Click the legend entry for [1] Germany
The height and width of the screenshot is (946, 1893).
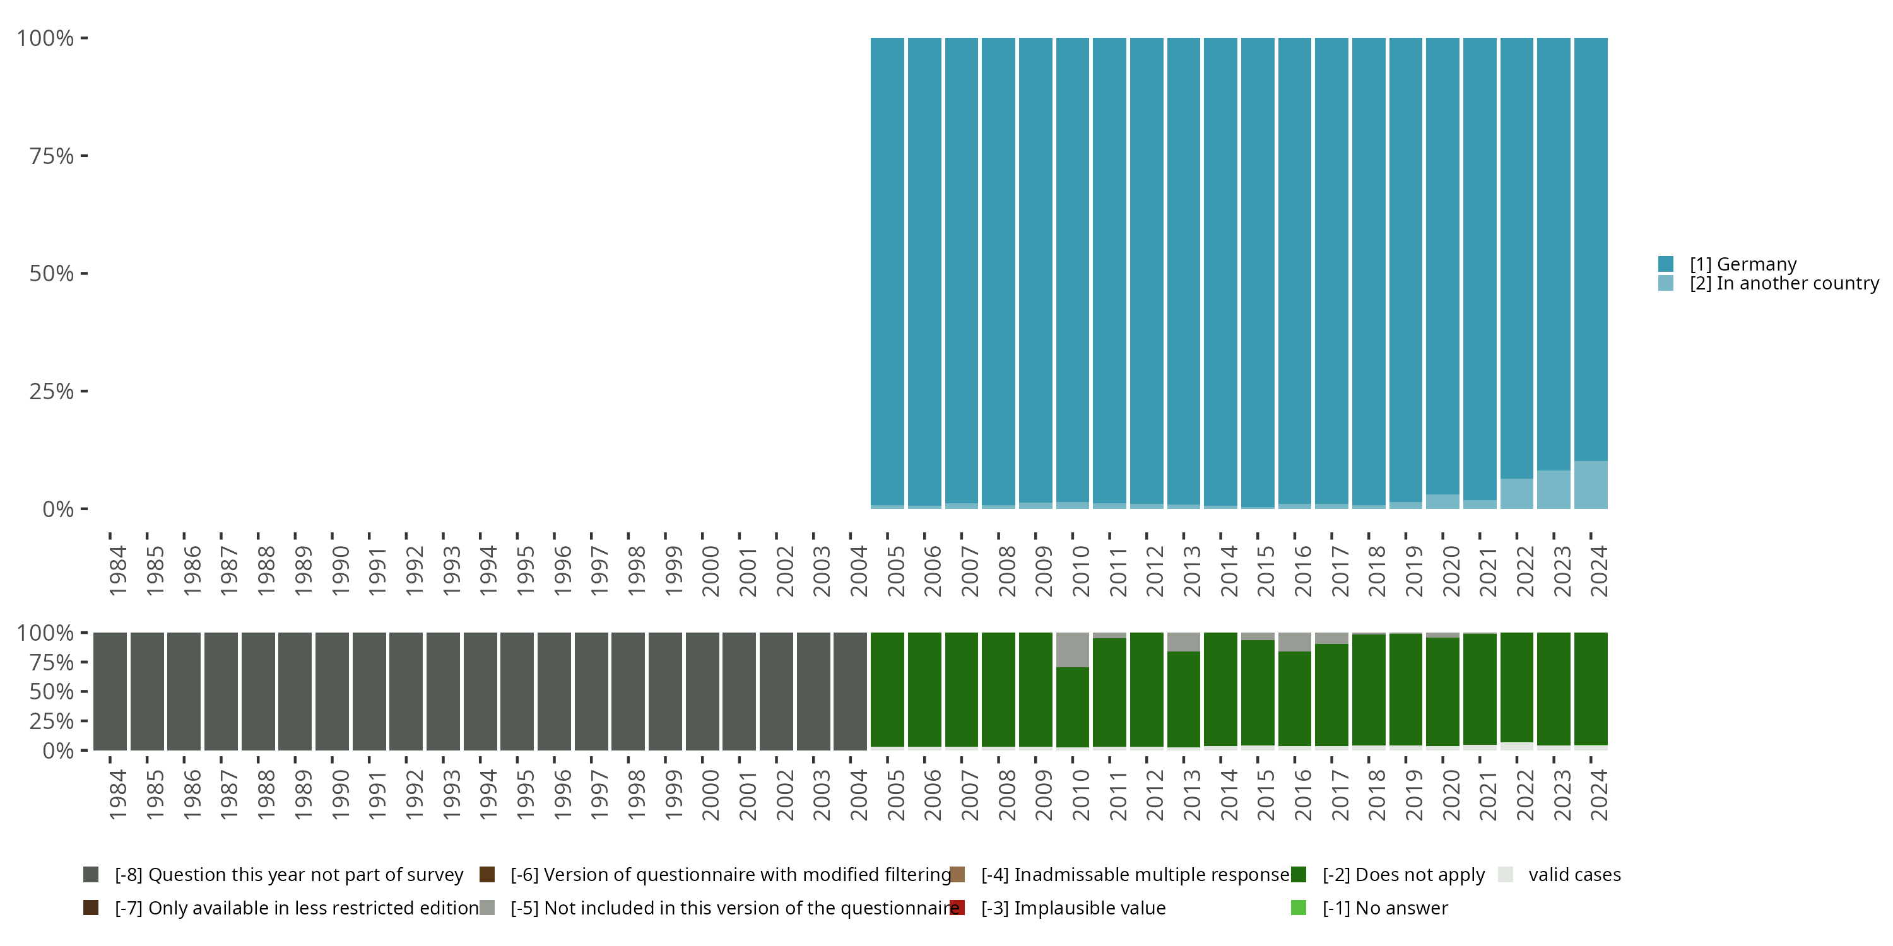tap(1742, 264)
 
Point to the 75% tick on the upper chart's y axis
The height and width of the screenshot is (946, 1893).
tap(52, 156)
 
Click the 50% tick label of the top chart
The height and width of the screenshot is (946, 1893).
tap(52, 274)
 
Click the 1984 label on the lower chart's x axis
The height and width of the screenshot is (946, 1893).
tap(117, 795)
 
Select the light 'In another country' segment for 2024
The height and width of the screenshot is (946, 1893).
tap(1590, 485)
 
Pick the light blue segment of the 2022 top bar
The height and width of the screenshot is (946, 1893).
tap(1516, 494)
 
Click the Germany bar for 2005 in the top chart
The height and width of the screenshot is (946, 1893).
tap(887, 272)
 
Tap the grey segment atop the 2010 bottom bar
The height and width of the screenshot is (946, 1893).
tap(1072, 650)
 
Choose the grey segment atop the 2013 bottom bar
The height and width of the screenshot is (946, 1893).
tap(1183, 642)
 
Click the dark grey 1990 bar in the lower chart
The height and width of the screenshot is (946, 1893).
tap(332, 691)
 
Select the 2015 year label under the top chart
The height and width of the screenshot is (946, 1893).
tap(1265, 571)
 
